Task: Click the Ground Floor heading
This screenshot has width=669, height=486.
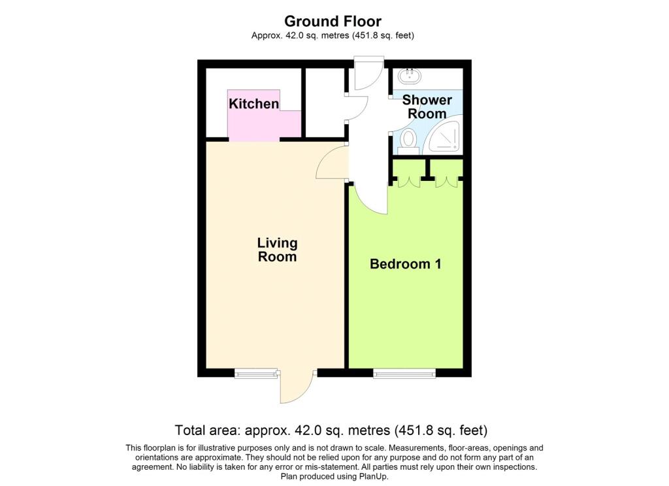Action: point(333,21)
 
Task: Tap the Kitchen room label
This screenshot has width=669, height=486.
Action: point(254,103)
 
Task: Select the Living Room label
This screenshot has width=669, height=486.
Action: point(277,250)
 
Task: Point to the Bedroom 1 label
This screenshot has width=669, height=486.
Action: point(405,264)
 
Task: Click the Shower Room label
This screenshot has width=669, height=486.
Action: point(427,106)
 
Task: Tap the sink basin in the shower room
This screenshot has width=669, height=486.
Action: point(410,76)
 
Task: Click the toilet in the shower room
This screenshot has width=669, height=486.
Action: point(408,142)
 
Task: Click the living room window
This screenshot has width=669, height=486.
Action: point(256,374)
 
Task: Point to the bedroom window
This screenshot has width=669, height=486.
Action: point(404,374)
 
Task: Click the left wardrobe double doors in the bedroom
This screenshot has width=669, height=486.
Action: point(409,182)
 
